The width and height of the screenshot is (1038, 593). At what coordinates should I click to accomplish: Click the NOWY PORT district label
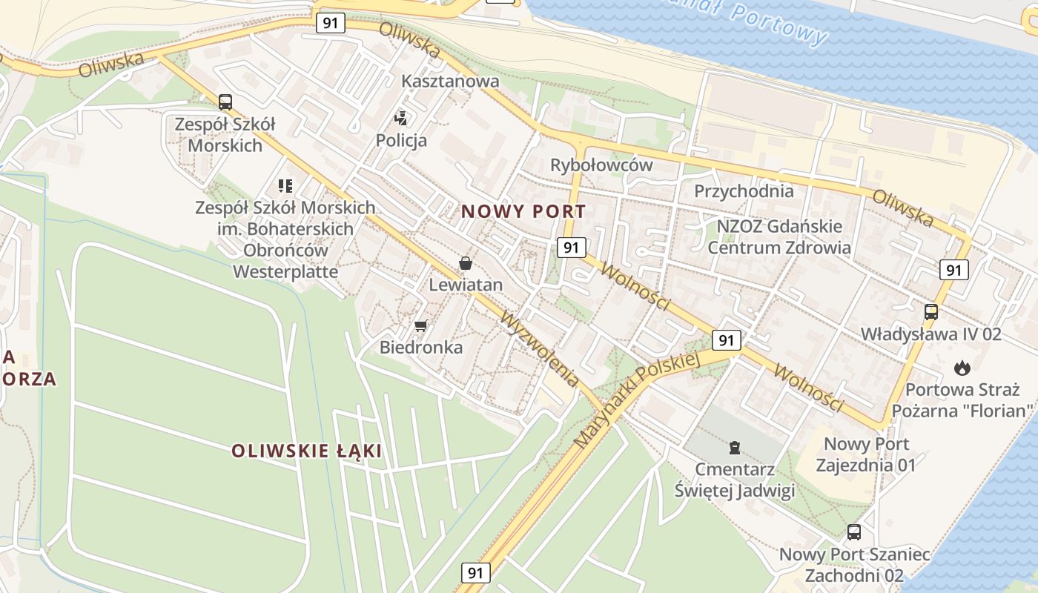[523, 211]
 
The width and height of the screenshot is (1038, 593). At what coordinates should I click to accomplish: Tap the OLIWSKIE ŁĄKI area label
[306, 451]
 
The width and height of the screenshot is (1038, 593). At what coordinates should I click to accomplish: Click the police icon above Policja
[401, 117]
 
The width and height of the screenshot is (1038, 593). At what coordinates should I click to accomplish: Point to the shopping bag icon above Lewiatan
[466, 262]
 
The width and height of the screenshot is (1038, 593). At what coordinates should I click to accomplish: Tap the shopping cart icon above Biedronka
[421, 325]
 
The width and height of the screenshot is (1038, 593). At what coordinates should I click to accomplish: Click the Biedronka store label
[421, 347]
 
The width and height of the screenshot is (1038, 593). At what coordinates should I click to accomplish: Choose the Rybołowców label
[601, 165]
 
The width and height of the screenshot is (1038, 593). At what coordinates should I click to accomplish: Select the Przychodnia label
[744, 191]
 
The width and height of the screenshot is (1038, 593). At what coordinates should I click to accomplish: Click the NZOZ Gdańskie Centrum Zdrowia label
[779, 236]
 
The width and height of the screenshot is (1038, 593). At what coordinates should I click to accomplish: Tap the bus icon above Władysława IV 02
[931, 312]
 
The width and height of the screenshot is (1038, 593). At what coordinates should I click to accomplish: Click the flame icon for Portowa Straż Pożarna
[962, 368]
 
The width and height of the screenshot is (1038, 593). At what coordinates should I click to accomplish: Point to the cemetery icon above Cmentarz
[734, 447]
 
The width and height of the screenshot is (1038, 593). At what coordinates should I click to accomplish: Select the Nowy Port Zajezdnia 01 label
[866, 454]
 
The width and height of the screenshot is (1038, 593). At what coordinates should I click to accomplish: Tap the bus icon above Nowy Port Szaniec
[854, 531]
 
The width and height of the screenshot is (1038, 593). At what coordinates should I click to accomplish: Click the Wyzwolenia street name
[541, 348]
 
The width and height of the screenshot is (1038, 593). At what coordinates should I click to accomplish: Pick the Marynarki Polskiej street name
[637, 400]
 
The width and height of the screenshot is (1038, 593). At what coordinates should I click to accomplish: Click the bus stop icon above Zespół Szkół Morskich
[225, 102]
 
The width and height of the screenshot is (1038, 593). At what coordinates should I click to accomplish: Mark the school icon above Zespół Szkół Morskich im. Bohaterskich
[285, 185]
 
